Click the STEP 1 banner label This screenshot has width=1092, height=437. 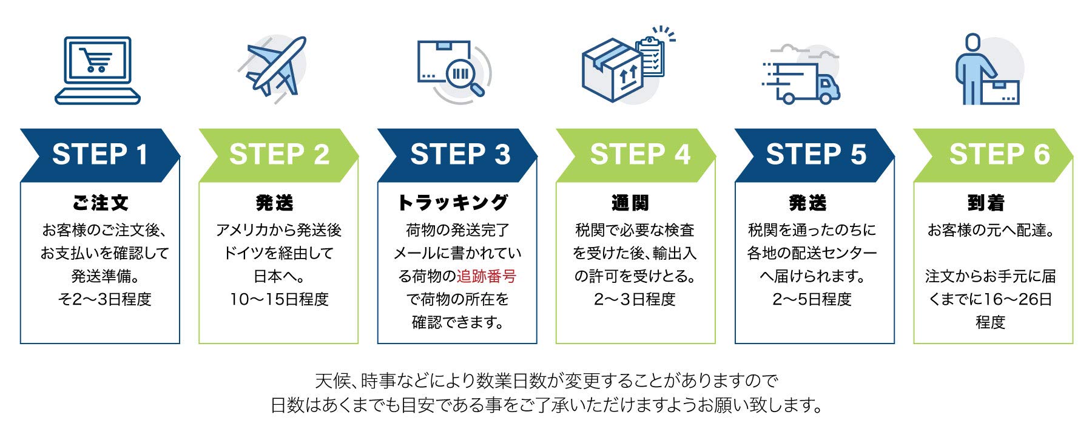tap(100, 154)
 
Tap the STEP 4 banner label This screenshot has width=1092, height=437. tap(640, 154)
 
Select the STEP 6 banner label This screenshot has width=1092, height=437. tap(999, 154)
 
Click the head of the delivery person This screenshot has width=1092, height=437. tap(972, 42)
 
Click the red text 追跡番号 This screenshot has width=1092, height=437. tap(486, 276)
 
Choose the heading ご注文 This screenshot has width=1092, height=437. tap(100, 203)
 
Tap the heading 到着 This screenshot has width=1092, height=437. tap(986, 203)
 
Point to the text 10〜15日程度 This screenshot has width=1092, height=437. tap(279, 299)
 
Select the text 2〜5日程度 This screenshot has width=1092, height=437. tap(812, 299)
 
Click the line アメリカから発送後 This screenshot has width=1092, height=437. tap(279, 230)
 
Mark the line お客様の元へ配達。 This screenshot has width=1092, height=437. tap(991, 230)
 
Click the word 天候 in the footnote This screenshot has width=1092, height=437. tap(331, 381)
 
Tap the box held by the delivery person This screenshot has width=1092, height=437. tap(1000, 92)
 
